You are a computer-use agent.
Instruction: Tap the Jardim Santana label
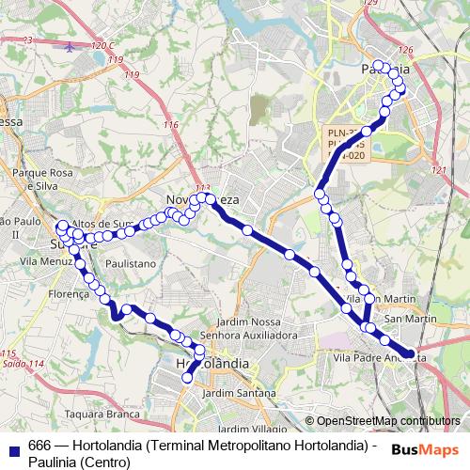(230, 392)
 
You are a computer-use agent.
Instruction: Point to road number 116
(170, 125)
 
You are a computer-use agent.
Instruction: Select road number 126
(405, 49)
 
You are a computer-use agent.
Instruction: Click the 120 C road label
(103, 45)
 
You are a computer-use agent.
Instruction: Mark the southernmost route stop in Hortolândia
(187, 378)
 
